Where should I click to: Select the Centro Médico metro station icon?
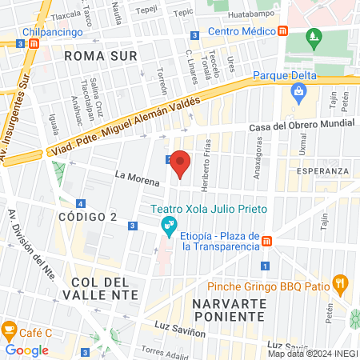click(x=283, y=32)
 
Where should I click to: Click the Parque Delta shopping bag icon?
click(x=298, y=93)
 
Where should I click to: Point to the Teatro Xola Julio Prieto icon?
click(x=169, y=224)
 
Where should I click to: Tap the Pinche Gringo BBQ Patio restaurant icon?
click(x=341, y=282)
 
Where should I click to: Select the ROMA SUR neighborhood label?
click(x=101, y=56)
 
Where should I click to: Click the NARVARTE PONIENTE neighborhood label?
click(x=228, y=310)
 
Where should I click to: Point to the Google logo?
click(x=27, y=350)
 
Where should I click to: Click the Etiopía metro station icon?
click(x=268, y=242)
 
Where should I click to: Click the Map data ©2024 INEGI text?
click(x=313, y=354)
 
